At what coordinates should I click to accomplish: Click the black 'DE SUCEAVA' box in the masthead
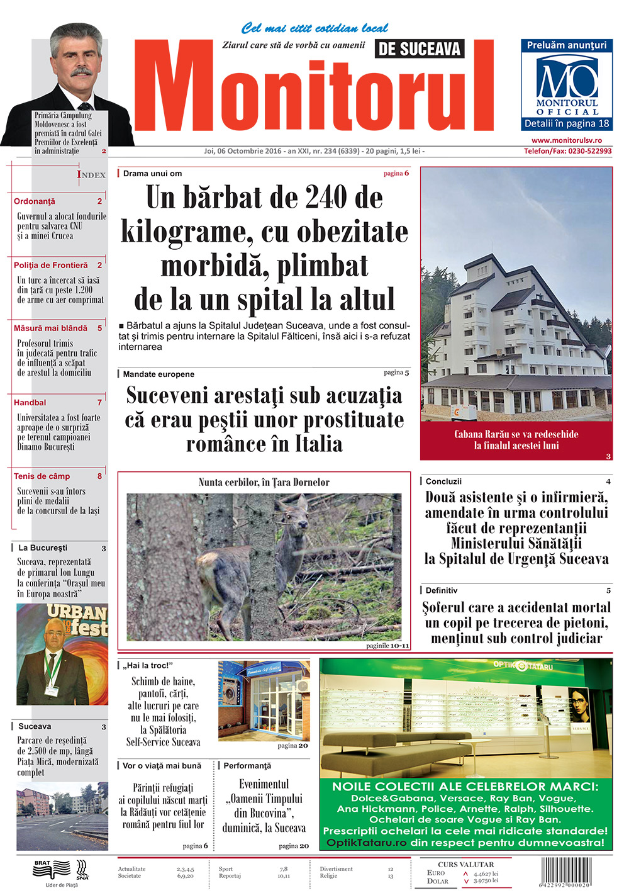pyautogui.click(x=420, y=49)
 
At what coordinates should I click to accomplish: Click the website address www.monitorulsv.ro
pyautogui.click(x=566, y=140)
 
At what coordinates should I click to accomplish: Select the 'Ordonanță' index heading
pyautogui.click(x=35, y=201)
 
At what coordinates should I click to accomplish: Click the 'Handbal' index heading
pyautogui.click(x=30, y=403)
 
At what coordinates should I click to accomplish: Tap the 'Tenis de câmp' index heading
pyautogui.click(x=42, y=476)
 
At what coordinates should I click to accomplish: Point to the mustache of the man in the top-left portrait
pyautogui.click(x=81, y=72)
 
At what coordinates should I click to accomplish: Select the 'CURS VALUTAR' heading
pyautogui.click(x=466, y=865)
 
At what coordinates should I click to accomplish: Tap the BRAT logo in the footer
pyautogui.click(x=52, y=870)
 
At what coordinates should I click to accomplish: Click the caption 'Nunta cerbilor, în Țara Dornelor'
pyautogui.click(x=264, y=483)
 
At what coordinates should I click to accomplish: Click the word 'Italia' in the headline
pyautogui.click(x=319, y=444)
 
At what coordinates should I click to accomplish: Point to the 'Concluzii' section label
pyautogui.click(x=443, y=481)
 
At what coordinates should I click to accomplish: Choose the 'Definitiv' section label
pyautogui.click(x=442, y=591)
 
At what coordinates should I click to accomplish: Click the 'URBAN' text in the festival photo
pyautogui.click(x=76, y=612)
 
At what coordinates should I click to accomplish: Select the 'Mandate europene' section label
pyautogui.click(x=159, y=374)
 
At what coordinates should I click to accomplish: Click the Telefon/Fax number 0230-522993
pyautogui.click(x=590, y=151)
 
